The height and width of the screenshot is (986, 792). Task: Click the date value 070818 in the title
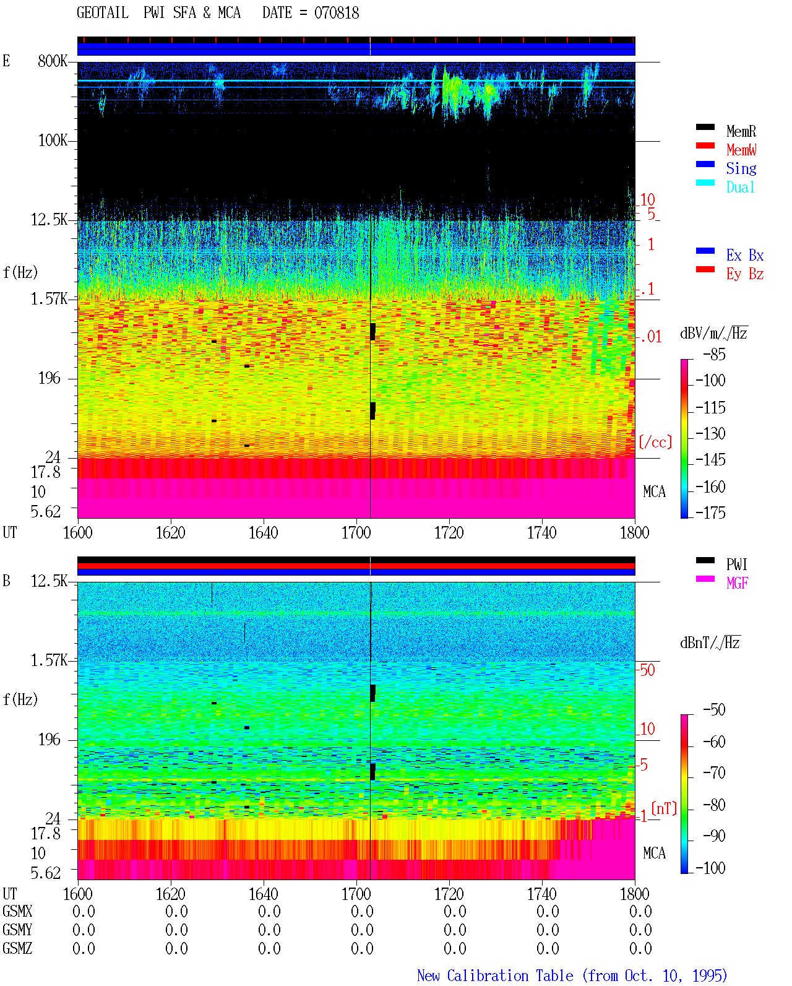click(336, 13)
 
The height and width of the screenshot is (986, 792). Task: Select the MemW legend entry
click(741, 150)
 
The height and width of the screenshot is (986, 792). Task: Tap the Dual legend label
click(741, 187)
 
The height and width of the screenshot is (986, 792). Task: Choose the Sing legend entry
click(741, 168)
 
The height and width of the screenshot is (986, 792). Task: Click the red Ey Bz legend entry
click(745, 274)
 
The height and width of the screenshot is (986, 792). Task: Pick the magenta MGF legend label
click(737, 583)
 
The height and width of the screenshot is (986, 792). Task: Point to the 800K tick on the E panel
click(53, 61)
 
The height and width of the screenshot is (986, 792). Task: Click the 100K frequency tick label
click(53, 141)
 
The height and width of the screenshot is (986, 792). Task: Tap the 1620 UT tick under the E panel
click(170, 533)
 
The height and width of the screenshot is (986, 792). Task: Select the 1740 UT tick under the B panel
click(542, 894)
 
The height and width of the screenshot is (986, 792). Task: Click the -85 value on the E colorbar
click(714, 354)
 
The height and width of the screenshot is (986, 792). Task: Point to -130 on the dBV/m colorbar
click(710, 433)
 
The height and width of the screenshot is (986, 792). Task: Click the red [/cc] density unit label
click(655, 442)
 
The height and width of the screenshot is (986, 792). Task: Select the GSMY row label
click(17, 930)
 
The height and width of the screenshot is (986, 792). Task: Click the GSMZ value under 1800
click(640, 948)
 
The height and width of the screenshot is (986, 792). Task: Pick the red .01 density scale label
click(651, 337)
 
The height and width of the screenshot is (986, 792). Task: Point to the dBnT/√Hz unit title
click(710, 643)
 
